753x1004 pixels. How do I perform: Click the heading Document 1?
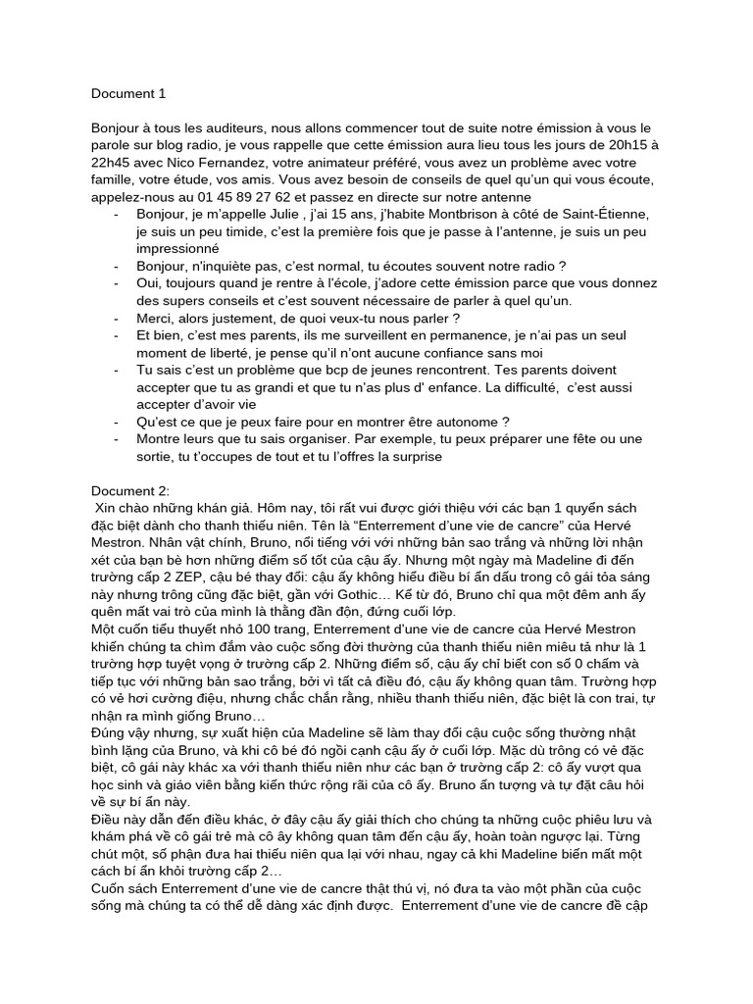[x=128, y=94]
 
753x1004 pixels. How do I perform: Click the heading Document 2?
[x=130, y=490]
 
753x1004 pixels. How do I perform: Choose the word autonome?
[x=438, y=422]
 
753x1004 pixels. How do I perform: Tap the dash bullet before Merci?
[x=118, y=318]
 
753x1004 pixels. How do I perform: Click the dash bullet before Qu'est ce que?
[x=118, y=422]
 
